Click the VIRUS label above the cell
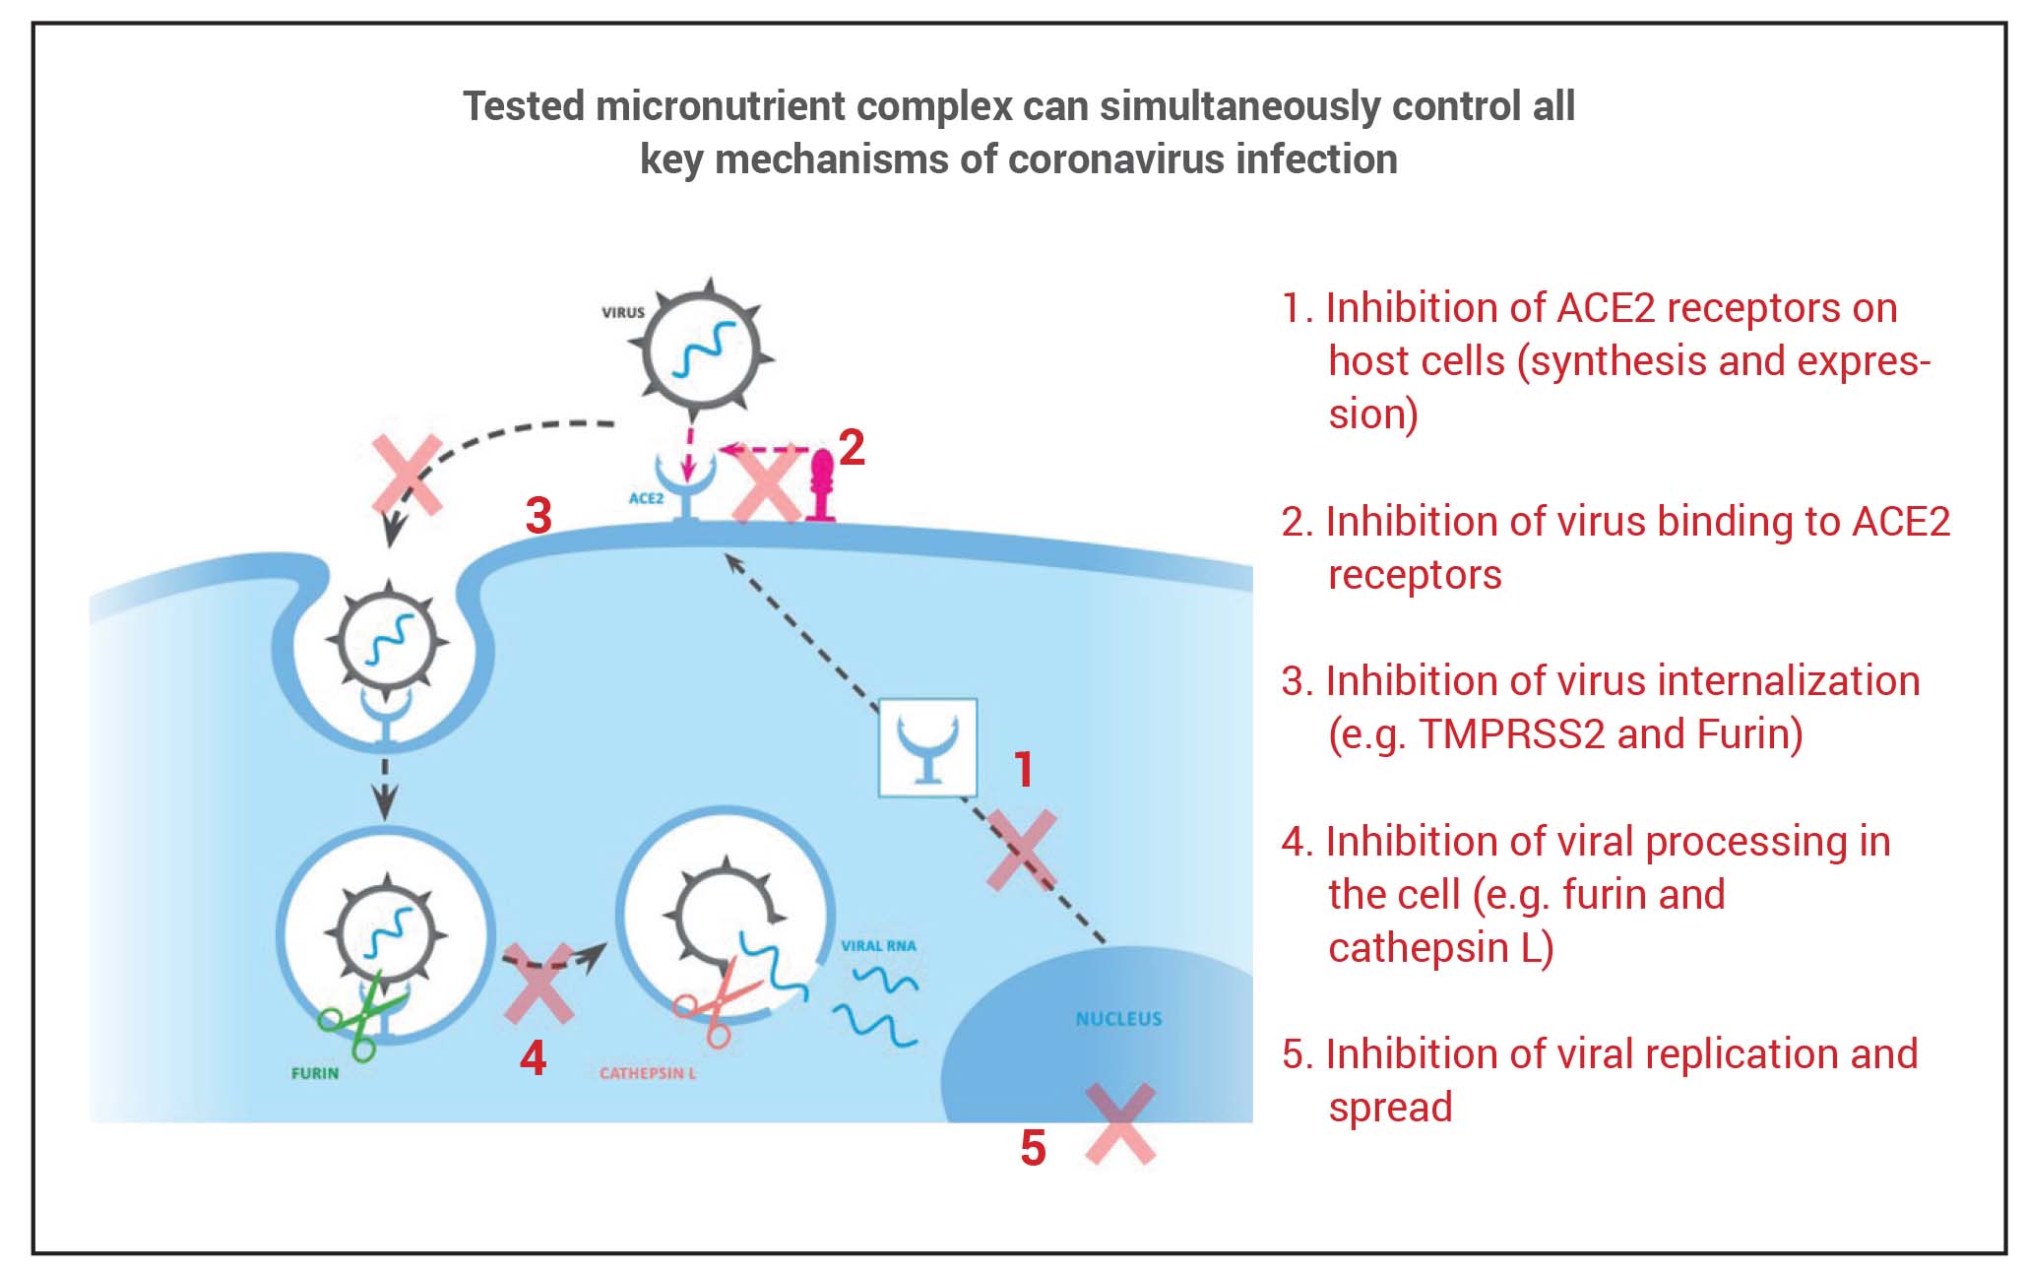click(623, 312)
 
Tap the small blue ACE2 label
click(646, 498)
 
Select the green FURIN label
click(315, 1073)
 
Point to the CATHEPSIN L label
click(648, 1073)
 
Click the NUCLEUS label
click(1118, 1019)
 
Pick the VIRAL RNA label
click(878, 946)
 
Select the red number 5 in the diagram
click(1033, 1148)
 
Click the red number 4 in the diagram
click(533, 1057)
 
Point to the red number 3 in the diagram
click(538, 516)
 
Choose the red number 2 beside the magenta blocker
click(852, 448)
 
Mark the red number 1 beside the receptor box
click(1024, 769)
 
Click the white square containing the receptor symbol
click(927, 747)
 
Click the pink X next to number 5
click(1119, 1124)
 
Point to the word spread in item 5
click(1390, 1108)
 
